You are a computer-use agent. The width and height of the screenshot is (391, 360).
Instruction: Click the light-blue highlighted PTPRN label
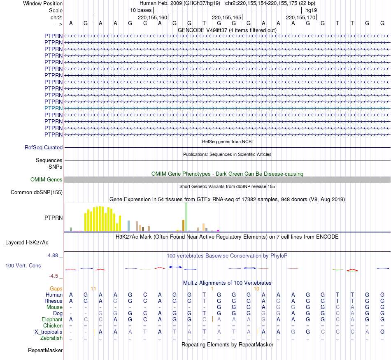pyautogui.click(x=54, y=108)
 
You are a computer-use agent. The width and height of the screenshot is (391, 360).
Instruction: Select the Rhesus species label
pyautogui.click(x=54, y=301)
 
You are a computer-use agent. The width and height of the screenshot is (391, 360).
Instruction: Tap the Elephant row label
pyautogui.click(x=52, y=320)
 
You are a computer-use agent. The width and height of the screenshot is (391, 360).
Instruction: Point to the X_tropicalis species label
pyautogui.click(x=49, y=332)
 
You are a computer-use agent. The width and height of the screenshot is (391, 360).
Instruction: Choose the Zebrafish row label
pyautogui.click(x=51, y=338)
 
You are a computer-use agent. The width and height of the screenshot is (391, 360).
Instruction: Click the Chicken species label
pyautogui.click(x=53, y=326)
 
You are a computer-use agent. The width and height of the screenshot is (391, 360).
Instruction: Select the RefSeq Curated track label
pyautogui.click(x=44, y=147)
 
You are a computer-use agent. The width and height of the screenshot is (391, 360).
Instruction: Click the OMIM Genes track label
pyautogui.click(x=47, y=180)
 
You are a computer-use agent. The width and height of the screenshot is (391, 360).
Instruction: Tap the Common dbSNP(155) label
pyautogui.click(x=37, y=192)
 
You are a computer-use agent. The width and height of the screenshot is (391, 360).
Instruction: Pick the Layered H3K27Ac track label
pyautogui.click(x=27, y=242)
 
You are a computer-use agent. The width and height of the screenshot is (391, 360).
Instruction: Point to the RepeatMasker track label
pyautogui.click(x=45, y=351)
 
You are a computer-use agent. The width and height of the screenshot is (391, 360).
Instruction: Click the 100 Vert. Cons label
pyautogui.click(x=23, y=266)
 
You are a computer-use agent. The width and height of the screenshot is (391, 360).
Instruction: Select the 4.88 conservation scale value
pyautogui.click(x=54, y=255)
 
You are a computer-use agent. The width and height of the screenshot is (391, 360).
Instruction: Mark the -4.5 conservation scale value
pyautogui.click(x=55, y=276)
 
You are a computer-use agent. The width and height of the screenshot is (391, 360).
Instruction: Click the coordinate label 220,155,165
pyautogui.click(x=226, y=18)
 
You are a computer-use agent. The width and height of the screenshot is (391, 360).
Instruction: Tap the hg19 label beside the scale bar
pyautogui.click(x=311, y=10)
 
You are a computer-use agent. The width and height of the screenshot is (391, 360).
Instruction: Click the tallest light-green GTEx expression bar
pyautogui.click(x=186, y=217)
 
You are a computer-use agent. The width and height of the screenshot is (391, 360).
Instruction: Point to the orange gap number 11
pyautogui.click(x=93, y=289)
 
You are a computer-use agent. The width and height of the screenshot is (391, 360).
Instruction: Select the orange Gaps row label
pyautogui.click(x=56, y=289)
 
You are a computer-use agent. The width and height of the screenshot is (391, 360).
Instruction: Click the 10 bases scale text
pyautogui.click(x=141, y=10)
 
